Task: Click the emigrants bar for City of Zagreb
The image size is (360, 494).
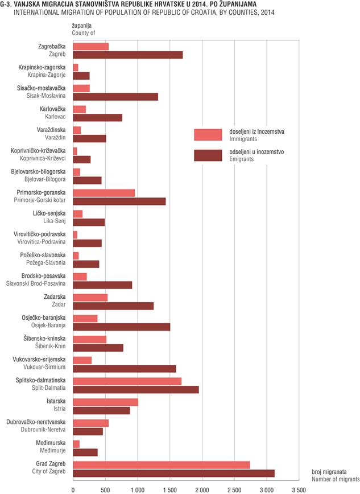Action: (x=173, y=473)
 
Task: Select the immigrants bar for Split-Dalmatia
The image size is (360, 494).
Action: (x=127, y=381)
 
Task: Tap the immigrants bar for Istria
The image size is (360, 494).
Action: (x=106, y=402)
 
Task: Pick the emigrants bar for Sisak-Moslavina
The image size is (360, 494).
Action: (x=115, y=97)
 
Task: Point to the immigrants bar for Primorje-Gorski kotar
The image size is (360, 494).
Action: (x=104, y=193)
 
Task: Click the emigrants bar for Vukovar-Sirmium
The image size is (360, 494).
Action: (x=125, y=369)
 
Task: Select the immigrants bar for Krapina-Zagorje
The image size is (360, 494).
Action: (x=76, y=67)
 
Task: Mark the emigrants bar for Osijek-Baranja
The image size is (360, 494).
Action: (x=122, y=327)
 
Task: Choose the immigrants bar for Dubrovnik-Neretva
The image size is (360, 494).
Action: (x=90, y=423)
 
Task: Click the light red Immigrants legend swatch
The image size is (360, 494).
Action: (x=208, y=135)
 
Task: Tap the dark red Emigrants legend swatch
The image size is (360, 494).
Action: (x=208, y=155)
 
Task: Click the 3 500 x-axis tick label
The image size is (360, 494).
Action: (x=299, y=490)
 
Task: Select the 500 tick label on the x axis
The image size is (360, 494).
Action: (x=105, y=490)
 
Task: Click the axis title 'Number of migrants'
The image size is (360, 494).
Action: (x=336, y=479)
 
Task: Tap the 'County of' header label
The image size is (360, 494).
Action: (x=84, y=33)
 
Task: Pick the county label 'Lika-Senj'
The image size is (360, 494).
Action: (x=55, y=221)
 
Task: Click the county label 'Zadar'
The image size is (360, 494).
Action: (x=59, y=304)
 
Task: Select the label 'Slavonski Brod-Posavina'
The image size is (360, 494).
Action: (x=36, y=283)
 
